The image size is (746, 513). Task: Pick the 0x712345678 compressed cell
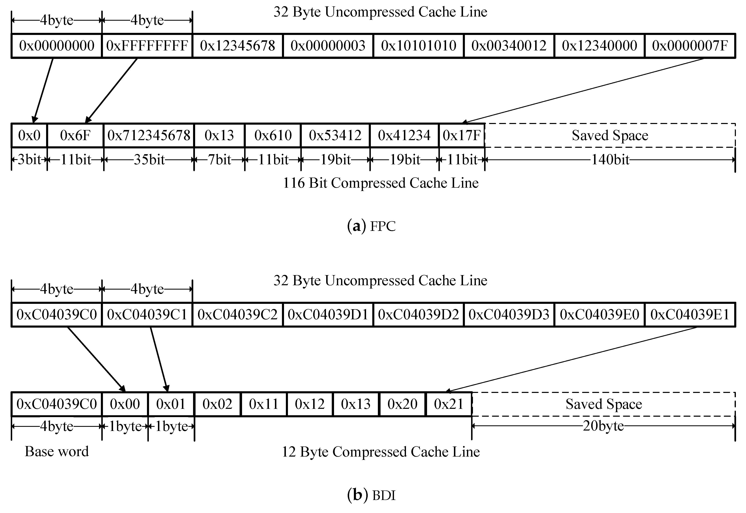(149, 135)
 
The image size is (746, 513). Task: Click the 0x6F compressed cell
(75, 135)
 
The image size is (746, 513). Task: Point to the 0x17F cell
(462, 135)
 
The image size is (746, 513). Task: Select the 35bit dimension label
(149, 159)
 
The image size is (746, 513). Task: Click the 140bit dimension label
(610, 159)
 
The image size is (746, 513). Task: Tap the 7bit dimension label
(220, 159)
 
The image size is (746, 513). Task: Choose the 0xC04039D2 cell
(419, 314)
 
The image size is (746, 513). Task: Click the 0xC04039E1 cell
(690, 314)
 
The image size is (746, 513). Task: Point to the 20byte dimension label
(603, 426)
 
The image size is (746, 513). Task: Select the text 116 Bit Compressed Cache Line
(381, 183)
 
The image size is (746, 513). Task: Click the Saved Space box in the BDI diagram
(604, 404)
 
